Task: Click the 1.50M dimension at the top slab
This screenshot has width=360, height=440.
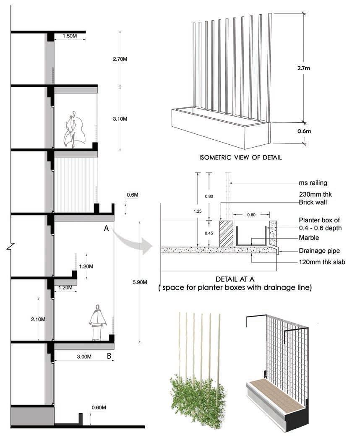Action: pos(70,36)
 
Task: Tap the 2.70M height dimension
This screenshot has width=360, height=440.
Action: pos(120,59)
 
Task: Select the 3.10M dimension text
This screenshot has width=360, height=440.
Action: pos(120,119)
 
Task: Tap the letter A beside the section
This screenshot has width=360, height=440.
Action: pos(107,228)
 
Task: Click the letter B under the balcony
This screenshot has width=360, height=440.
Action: pos(109,357)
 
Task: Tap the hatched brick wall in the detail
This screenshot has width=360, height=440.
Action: pos(226,234)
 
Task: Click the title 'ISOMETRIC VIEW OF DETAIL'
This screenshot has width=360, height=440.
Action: pos(240,158)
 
